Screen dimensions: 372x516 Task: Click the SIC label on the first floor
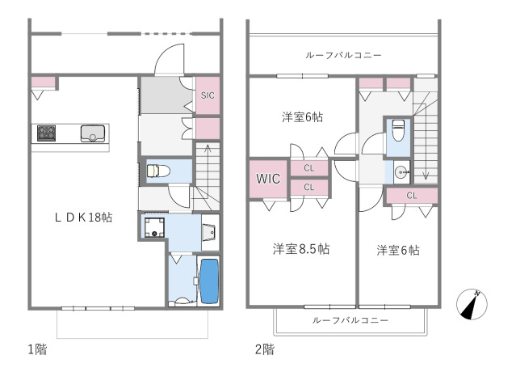point(208,95)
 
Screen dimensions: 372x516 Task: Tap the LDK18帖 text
point(83,217)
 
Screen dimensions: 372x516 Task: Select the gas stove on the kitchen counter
point(44,133)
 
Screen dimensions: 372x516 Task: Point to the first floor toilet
point(155,171)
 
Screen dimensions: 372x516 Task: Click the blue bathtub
point(208,279)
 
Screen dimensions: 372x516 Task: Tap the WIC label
point(268,179)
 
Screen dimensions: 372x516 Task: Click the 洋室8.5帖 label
point(300,248)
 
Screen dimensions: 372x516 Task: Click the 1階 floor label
point(37,349)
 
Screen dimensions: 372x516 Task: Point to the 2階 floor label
point(264,349)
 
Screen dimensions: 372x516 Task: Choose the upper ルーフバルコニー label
point(343,55)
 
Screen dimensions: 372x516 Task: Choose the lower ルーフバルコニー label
point(350,320)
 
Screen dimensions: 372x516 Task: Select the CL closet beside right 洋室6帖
point(411,195)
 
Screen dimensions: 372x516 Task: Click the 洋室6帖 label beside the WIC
point(302,116)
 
